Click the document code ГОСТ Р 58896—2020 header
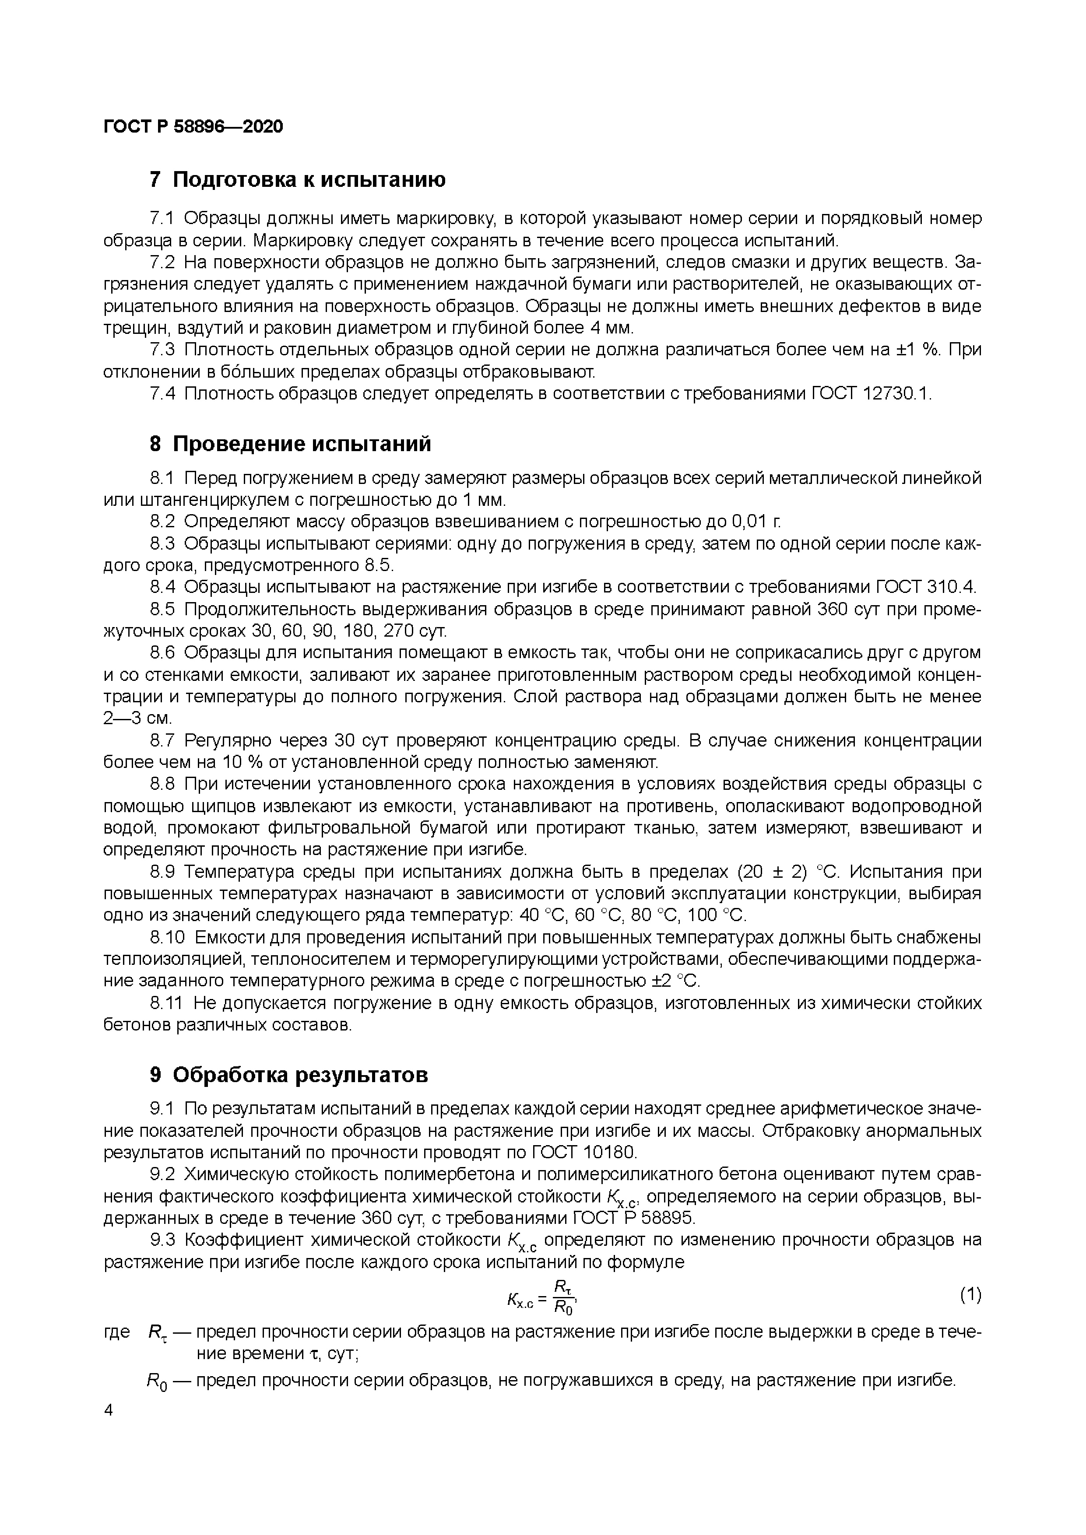click(193, 126)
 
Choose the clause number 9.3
click(162, 1240)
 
